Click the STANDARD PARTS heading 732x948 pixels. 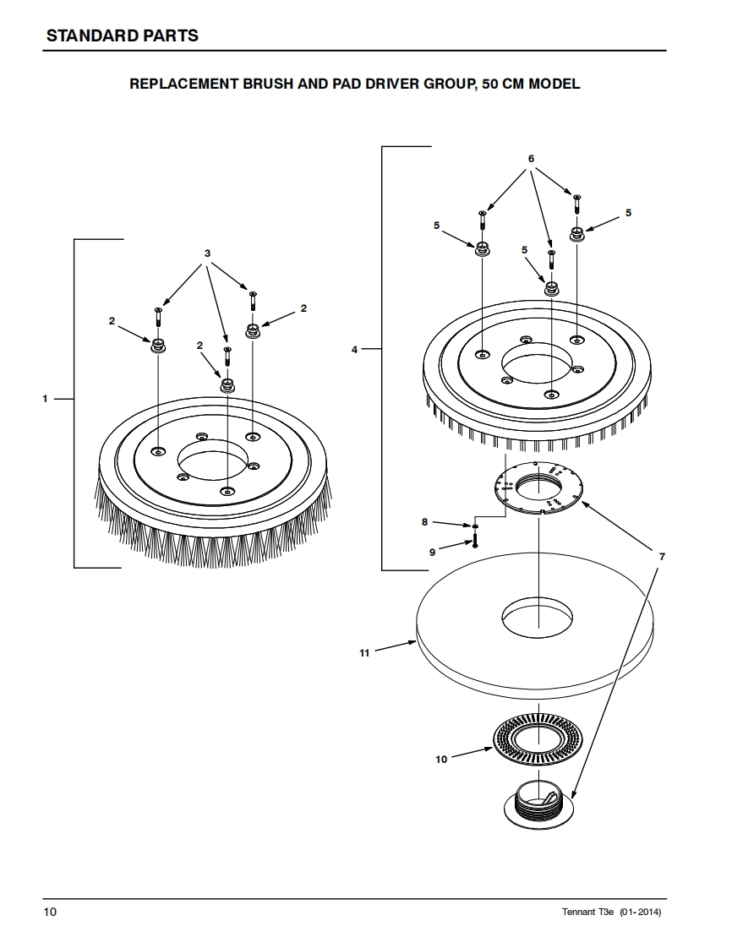122,35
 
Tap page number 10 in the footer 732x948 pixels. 51,913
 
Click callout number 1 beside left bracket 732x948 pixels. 46,398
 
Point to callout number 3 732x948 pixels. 207,253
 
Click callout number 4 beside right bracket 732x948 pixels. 354,348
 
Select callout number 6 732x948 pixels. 531,159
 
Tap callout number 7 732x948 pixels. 662,557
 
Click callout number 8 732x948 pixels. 424,522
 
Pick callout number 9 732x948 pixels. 432,552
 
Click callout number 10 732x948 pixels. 440,760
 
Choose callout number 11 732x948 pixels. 364,653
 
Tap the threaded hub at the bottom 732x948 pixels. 538,807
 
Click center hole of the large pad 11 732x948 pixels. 538,613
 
